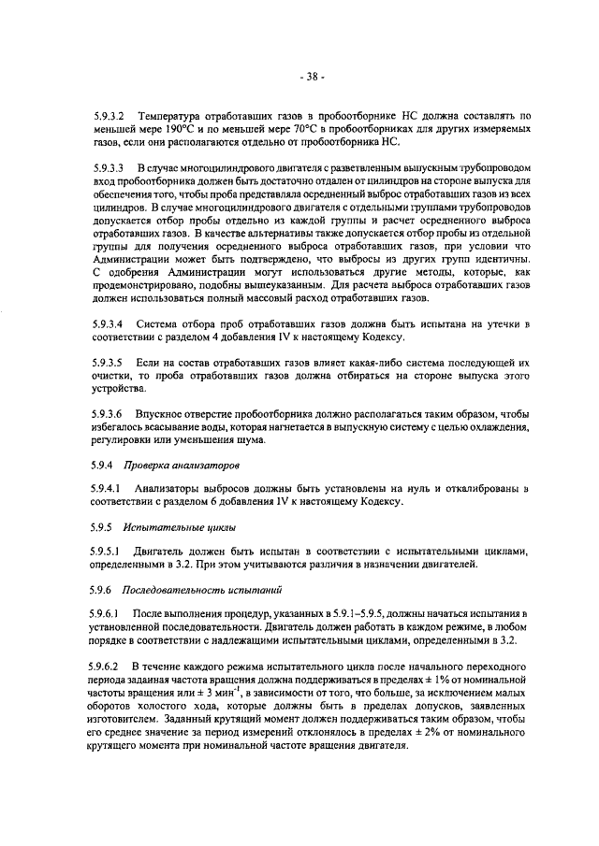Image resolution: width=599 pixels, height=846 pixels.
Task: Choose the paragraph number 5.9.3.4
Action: [x=113, y=324]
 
